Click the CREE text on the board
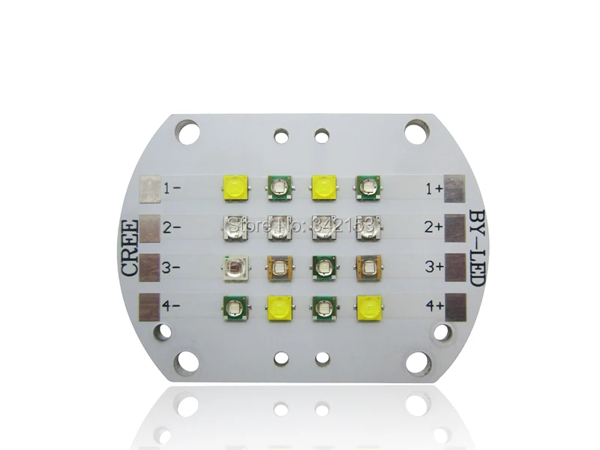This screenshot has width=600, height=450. tap(130, 248)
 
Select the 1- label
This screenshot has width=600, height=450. tap(172, 188)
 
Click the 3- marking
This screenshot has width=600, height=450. tap(172, 265)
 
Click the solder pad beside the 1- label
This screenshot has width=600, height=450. tap(150, 188)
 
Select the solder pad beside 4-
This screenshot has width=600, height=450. tap(149, 304)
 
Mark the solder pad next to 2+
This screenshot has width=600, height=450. tap(455, 225)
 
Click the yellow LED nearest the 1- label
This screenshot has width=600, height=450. tap(233, 187)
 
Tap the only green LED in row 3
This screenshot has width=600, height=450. tap(323, 265)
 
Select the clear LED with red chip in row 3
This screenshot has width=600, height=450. tap(233, 265)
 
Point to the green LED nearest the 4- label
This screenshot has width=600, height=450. tap(233, 305)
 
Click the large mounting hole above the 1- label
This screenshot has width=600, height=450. tap(187, 132)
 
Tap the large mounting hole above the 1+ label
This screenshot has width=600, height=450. tap(416, 132)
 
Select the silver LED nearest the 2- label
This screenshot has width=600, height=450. tap(233, 226)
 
